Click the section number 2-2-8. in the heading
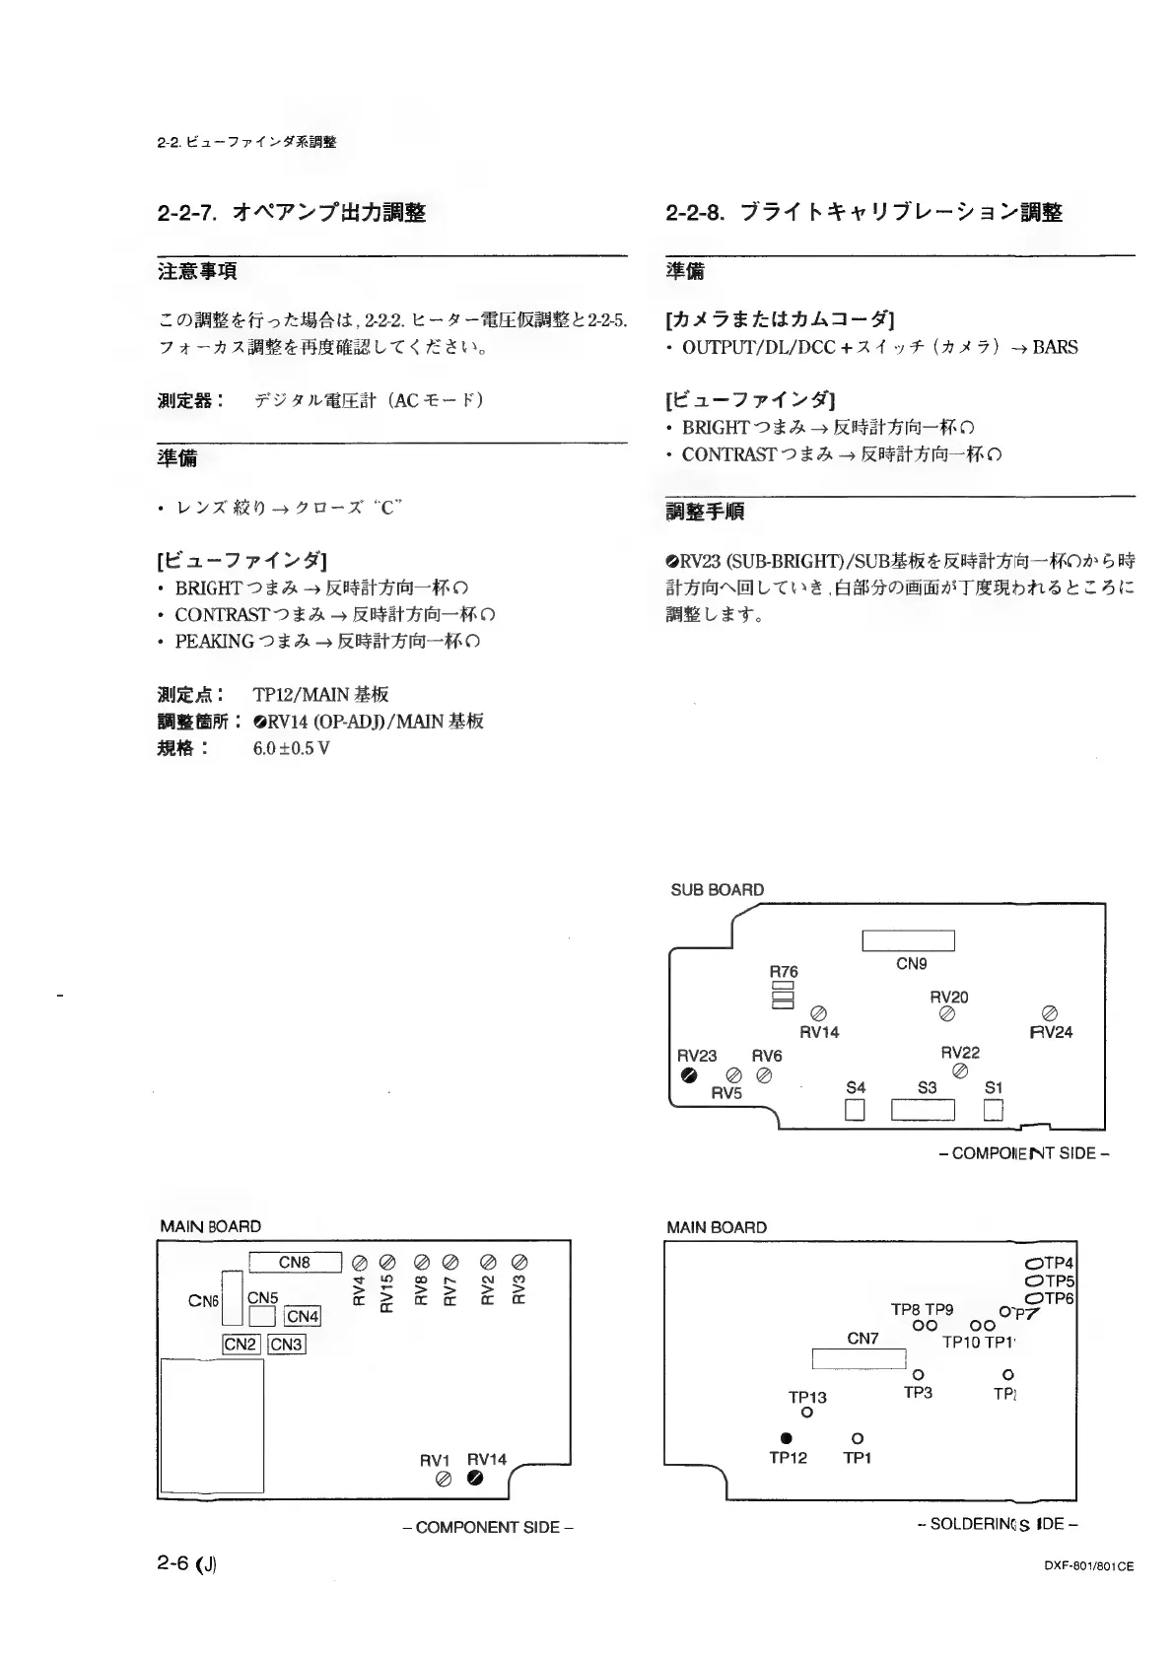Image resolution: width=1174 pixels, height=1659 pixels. [695, 212]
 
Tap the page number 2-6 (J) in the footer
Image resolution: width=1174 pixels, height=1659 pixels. [186, 1563]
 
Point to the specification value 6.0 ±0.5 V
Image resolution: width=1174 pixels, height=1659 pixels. [291, 748]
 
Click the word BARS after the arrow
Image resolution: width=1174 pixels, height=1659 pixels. [1055, 347]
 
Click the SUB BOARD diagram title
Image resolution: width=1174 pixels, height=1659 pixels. [717, 889]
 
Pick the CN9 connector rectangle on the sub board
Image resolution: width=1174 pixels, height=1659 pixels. [908, 940]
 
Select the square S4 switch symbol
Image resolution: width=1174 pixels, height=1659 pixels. [856, 1110]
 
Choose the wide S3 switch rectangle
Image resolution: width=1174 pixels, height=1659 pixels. [924, 1111]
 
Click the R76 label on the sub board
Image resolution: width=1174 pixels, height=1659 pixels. [784, 971]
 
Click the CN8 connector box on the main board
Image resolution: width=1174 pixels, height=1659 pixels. [295, 1263]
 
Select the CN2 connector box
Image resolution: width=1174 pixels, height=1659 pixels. [241, 1344]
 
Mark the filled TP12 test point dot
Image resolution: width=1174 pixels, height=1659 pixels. [787, 1437]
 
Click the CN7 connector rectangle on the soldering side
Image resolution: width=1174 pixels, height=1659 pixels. [859, 1359]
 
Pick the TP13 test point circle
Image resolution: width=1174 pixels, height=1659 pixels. [807, 1414]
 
